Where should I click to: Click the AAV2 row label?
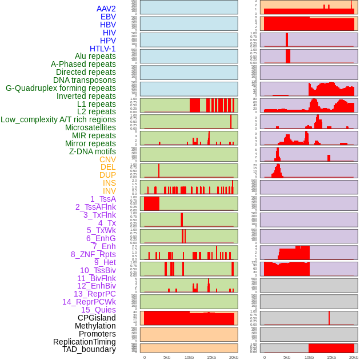click(106, 9)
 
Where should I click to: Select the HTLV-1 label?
click(102, 49)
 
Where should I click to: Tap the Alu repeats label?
click(95, 56)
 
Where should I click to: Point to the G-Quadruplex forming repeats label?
click(61, 88)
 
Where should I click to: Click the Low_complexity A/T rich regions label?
click(58, 119)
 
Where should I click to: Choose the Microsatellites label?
click(90, 127)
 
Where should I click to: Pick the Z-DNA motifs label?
click(92, 151)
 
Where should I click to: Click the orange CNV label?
click(107, 159)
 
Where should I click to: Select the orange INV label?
click(109, 191)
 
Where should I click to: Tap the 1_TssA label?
click(103, 199)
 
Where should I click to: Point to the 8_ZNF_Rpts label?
click(93, 254)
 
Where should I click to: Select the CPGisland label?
click(97, 318)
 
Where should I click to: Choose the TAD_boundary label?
click(89, 349)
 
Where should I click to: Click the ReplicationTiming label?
click(85, 342)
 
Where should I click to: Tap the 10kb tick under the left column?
click(189, 357)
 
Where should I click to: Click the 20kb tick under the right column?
click(354, 357)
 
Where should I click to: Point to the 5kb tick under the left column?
click(166, 357)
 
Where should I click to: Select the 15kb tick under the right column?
click(331, 357)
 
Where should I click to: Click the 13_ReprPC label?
click(94, 294)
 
